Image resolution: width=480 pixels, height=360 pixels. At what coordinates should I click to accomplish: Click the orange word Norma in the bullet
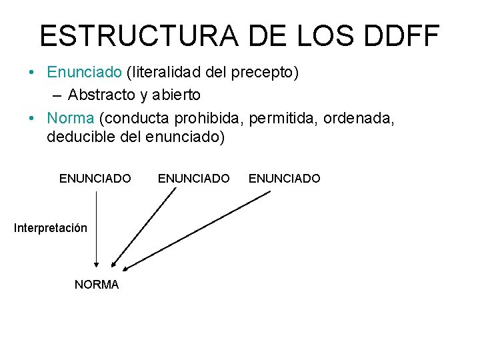pos(71,119)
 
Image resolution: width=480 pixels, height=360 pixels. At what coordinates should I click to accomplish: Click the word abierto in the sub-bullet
pos(176,95)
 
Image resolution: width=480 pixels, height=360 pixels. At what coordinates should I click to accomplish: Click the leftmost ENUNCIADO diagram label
pos(95,179)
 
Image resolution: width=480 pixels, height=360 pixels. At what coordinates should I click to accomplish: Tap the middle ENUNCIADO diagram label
pos(193,179)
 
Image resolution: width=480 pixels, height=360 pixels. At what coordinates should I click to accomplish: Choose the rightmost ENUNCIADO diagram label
pos(284,179)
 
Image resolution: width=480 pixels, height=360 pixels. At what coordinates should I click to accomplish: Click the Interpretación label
pos(51,228)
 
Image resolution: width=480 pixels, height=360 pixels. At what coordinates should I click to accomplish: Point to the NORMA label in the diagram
pos(97,285)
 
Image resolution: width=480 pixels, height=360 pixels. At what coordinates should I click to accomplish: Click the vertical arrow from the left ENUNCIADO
pos(97,230)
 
